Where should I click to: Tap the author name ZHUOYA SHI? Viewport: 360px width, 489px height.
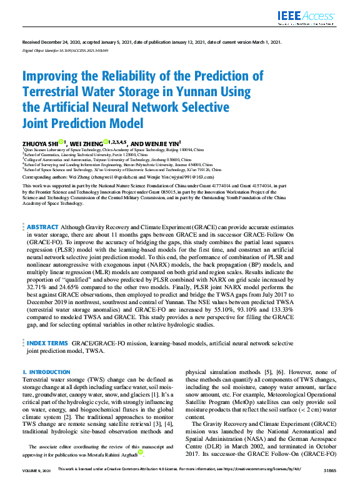click(40, 143)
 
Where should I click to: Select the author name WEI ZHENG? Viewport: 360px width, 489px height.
click(87, 143)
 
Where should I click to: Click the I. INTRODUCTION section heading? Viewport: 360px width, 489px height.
click(44, 372)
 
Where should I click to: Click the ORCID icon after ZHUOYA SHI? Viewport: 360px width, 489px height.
click(61, 142)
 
